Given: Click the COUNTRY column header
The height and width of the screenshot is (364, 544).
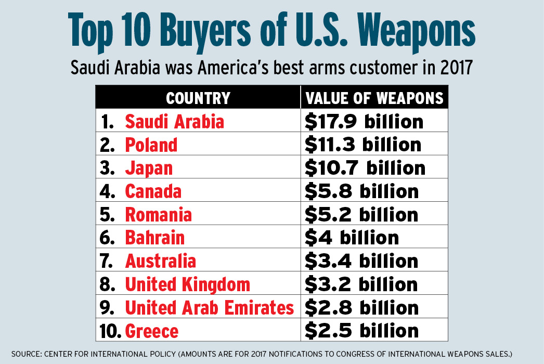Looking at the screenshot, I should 198,98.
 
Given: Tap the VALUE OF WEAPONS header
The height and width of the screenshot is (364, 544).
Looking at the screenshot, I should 374,98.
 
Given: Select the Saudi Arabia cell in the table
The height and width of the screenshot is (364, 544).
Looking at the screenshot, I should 174,122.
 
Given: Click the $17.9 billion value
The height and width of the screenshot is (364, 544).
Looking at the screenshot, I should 364,122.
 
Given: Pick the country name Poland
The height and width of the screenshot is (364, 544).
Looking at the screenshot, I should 151,145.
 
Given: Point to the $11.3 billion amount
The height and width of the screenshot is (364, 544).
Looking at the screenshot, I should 363,145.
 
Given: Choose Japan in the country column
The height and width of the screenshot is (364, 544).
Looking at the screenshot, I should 149,168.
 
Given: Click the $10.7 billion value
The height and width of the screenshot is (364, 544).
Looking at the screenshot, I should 365,168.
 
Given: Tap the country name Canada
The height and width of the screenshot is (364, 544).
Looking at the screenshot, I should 153,191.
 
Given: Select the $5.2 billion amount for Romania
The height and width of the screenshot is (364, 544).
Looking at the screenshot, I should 361,214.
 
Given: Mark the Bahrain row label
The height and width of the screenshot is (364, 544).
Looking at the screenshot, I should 154,238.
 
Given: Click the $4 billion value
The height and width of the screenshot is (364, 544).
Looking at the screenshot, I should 352,238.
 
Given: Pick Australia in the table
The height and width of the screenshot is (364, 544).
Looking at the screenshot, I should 160,261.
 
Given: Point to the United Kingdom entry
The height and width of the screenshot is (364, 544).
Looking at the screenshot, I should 187,284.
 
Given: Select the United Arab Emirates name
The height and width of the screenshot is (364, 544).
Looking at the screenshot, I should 209,307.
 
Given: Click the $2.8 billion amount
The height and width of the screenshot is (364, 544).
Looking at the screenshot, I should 361,307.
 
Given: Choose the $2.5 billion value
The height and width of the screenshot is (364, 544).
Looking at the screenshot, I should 361,331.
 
